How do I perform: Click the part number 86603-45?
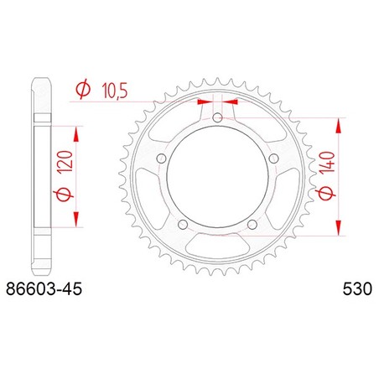(x=44, y=289)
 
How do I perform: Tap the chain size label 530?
(x=357, y=289)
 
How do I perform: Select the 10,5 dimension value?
(x=115, y=91)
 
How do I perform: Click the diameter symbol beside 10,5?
(x=83, y=89)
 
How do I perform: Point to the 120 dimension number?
(x=66, y=161)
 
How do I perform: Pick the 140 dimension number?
(x=328, y=162)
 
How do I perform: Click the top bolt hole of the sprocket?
(x=217, y=117)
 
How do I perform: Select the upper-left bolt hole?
(x=161, y=158)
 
